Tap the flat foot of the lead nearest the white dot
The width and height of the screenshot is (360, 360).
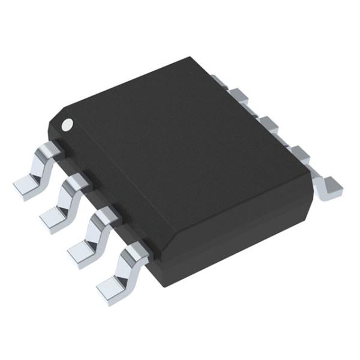pos(25,187)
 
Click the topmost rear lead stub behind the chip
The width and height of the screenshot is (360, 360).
pos(220,79)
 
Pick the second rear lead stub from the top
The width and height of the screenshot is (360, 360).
pos(240,95)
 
